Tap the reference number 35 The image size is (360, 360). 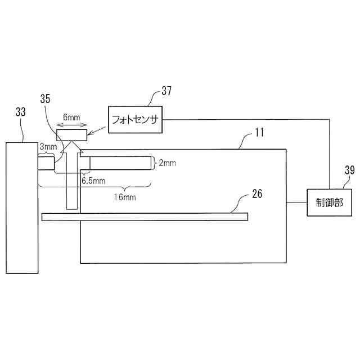pos(46,98)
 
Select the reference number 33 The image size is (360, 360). pos(21,112)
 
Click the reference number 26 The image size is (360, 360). pos(256,195)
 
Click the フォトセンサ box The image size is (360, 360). pos(137,119)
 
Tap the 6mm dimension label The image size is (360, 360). pos(71,117)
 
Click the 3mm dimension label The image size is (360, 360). pos(48,147)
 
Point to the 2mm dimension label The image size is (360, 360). pos(167,163)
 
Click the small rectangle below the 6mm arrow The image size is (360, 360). pos(71,135)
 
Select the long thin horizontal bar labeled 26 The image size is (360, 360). pos(145,216)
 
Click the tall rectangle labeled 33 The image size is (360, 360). pos(22,208)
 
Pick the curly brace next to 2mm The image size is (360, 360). pos(155,163)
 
